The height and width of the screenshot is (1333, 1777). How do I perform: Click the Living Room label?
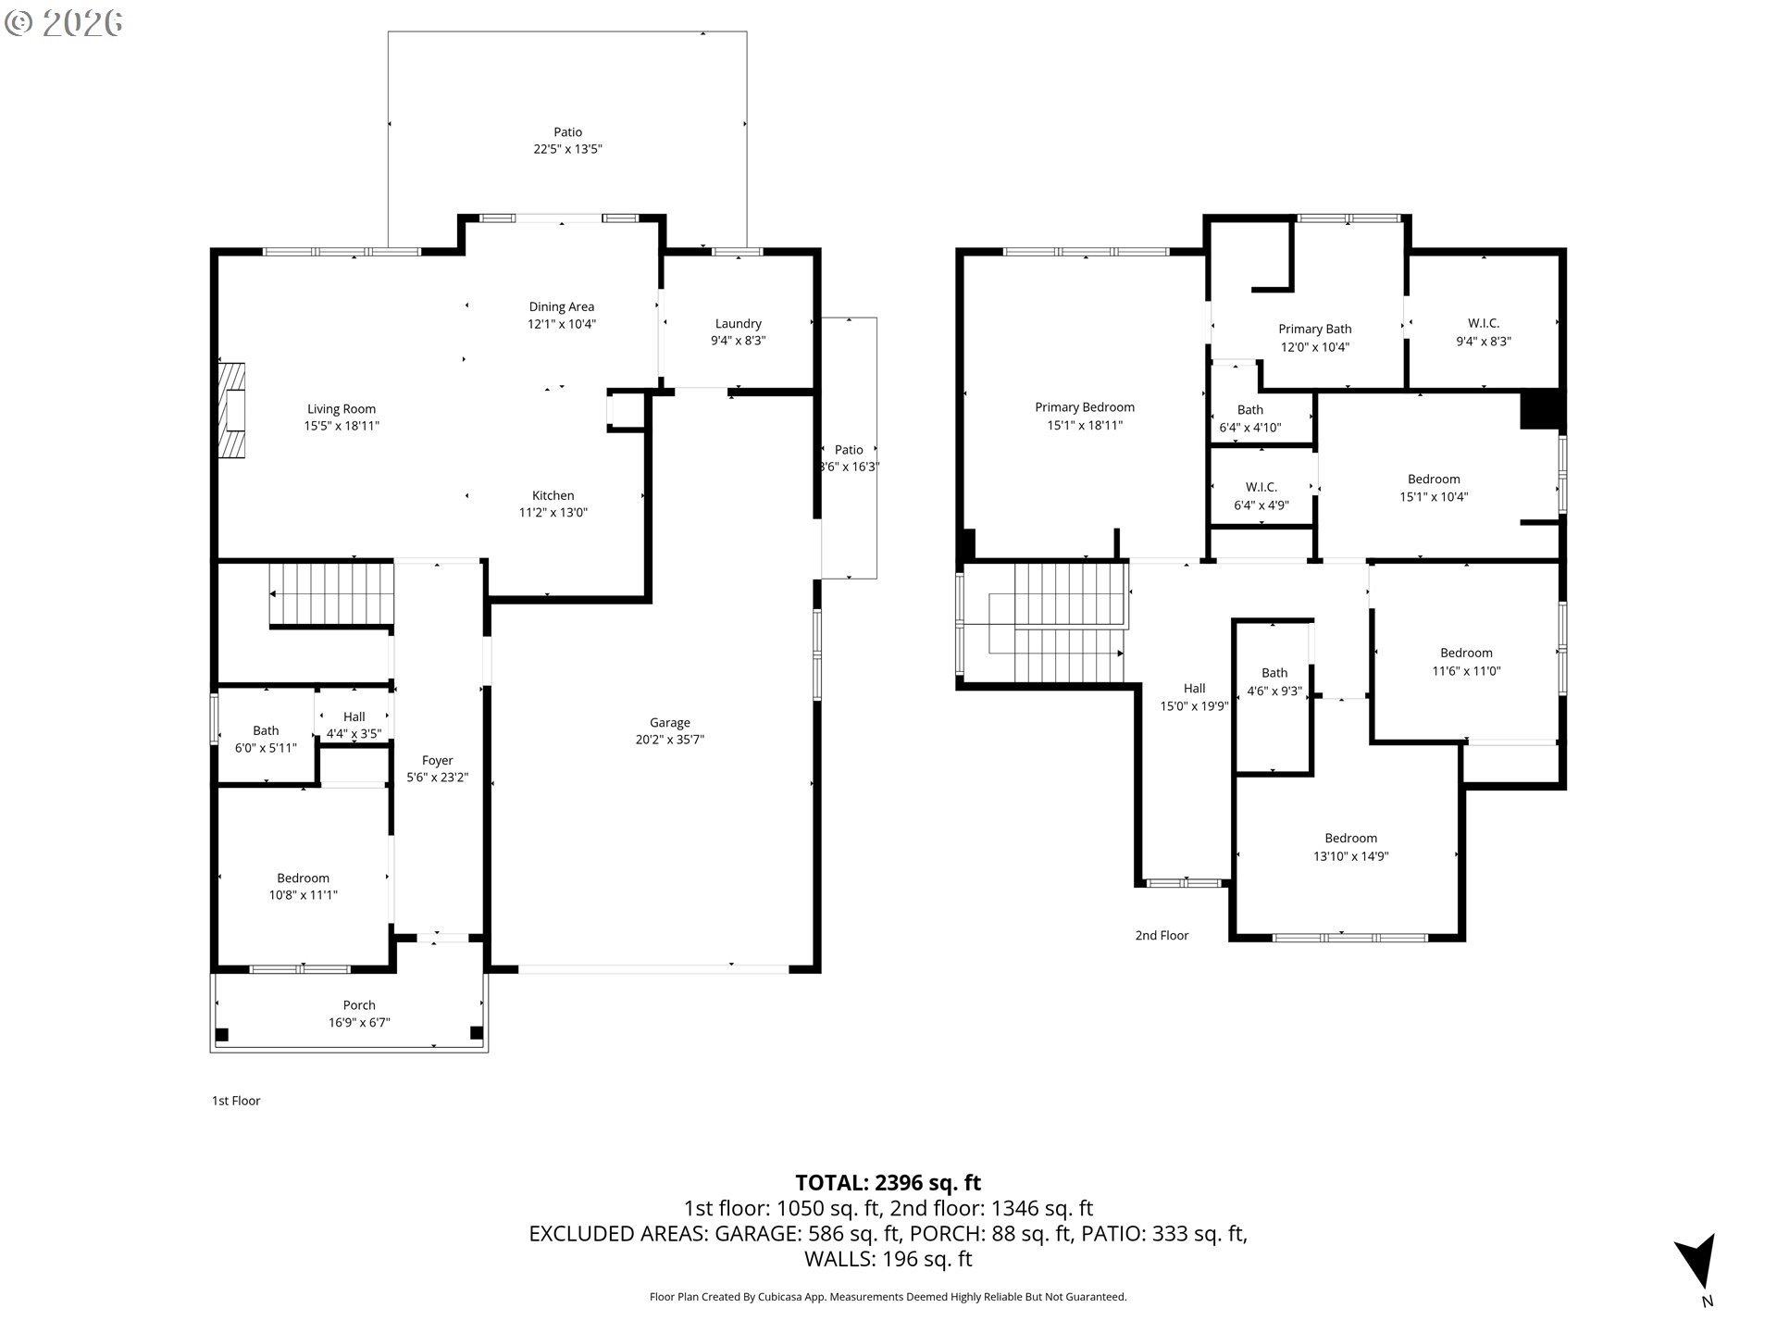click(x=342, y=408)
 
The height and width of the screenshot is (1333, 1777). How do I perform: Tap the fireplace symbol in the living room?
click(x=232, y=410)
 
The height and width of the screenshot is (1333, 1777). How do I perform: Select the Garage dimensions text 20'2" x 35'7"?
click(x=669, y=740)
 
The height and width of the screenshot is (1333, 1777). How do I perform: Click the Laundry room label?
click(x=738, y=323)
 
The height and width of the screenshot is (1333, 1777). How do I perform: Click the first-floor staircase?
click(x=331, y=593)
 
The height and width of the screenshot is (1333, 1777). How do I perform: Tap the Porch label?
click(x=359, y=1004)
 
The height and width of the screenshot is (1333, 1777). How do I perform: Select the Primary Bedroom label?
click(x=1084, y=407)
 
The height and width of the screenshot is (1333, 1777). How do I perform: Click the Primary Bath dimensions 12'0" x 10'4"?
click(x=1314, y=347)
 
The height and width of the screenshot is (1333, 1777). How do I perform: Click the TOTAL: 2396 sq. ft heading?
click(x=888, y=1182)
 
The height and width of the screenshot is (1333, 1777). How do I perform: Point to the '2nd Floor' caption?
click(x=1162, y=935)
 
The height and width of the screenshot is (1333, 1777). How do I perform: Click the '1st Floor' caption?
click(x=236, y=1101)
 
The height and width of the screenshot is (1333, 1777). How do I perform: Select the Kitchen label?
click(x=553, y=495)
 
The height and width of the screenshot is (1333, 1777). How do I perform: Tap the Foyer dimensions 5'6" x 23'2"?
click(x=437, y=778)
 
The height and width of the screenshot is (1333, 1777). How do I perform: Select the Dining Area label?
click(x=561, y=306)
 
